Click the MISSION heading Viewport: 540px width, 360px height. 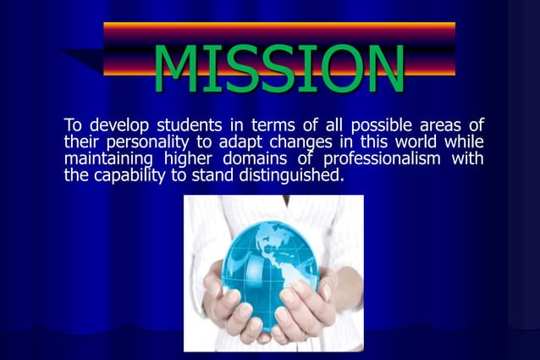pos(278,68)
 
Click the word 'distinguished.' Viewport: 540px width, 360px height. pos(288,175)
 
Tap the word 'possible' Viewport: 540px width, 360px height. pos(378,126)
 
